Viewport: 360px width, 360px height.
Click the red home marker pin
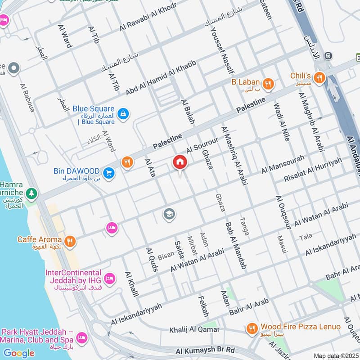(180, 162)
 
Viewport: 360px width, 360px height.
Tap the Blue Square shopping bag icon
(123, 114)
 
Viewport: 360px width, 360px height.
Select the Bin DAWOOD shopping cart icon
(108, 172)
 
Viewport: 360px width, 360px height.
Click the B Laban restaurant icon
(269, 83)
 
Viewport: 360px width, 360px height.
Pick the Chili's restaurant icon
(319, 77)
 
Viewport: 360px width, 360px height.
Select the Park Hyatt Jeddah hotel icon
(82, 337)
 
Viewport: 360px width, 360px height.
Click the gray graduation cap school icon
(169, 214)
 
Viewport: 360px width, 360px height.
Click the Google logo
(19, 353)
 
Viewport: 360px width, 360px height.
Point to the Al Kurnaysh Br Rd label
(205, 350)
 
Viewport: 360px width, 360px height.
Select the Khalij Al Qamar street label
(194, 330)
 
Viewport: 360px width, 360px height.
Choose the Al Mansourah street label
(283, 164)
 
